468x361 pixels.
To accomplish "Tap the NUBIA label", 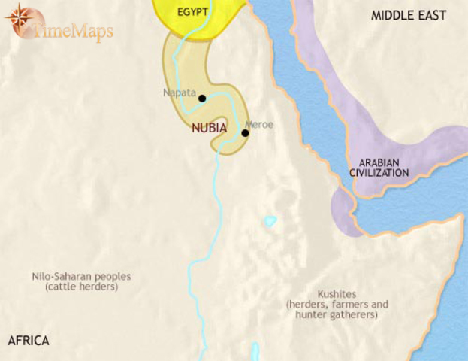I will click(x=210, y=128).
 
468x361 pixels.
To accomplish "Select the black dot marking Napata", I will click(x=202, y=98).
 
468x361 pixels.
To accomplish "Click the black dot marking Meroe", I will click(x=245, y=133).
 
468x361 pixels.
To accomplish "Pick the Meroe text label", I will click(x=259, y=123).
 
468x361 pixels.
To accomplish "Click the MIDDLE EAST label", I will click(x=409, y=15).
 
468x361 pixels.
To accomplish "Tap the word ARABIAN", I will click(x=379, y=162).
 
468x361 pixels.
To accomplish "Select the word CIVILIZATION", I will click(x=379, y=173).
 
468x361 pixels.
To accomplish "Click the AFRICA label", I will click(x=29, y=341).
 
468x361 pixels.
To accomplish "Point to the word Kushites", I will click(x=337, y=294).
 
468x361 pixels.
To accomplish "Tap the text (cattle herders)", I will click(x=81, y=287).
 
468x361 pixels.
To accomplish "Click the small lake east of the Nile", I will click(x=270, y=222).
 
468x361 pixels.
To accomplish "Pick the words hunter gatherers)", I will click(x=337, y=315).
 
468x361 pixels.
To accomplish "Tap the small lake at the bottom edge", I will click(x=255, y=351).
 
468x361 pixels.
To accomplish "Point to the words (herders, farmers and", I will click(x=337, y=305).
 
